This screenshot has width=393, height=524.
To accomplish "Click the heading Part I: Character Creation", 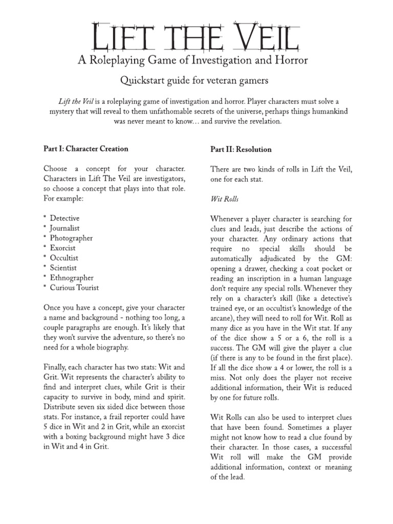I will point(86,149).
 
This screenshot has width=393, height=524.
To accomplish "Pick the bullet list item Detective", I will point(64,219).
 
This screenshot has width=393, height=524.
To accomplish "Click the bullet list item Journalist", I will point(64,228).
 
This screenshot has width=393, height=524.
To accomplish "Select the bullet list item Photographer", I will point(71,238).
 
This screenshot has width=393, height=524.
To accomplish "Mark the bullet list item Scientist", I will point(63,268).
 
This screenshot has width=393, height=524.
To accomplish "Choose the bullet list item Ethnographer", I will point(72,277).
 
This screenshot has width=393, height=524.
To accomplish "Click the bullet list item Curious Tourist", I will point(74,288).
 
